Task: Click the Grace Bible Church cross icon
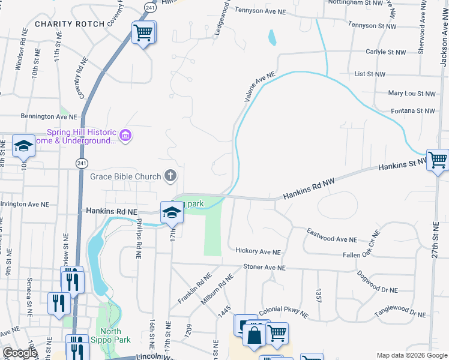pos(170,176)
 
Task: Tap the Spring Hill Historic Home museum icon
pos(125,136)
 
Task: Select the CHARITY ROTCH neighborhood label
pos(70,23)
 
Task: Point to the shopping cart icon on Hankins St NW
pos(438,159)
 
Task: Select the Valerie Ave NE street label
pos(259,86)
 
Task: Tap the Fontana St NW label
pos(412,110)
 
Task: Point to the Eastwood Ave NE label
pos(331,235)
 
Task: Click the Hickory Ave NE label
pos(258,252)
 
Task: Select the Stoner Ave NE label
pos(264,268)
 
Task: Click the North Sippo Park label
pos(110,335)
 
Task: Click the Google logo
pos(20,353)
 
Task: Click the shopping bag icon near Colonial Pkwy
pos(255,335)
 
